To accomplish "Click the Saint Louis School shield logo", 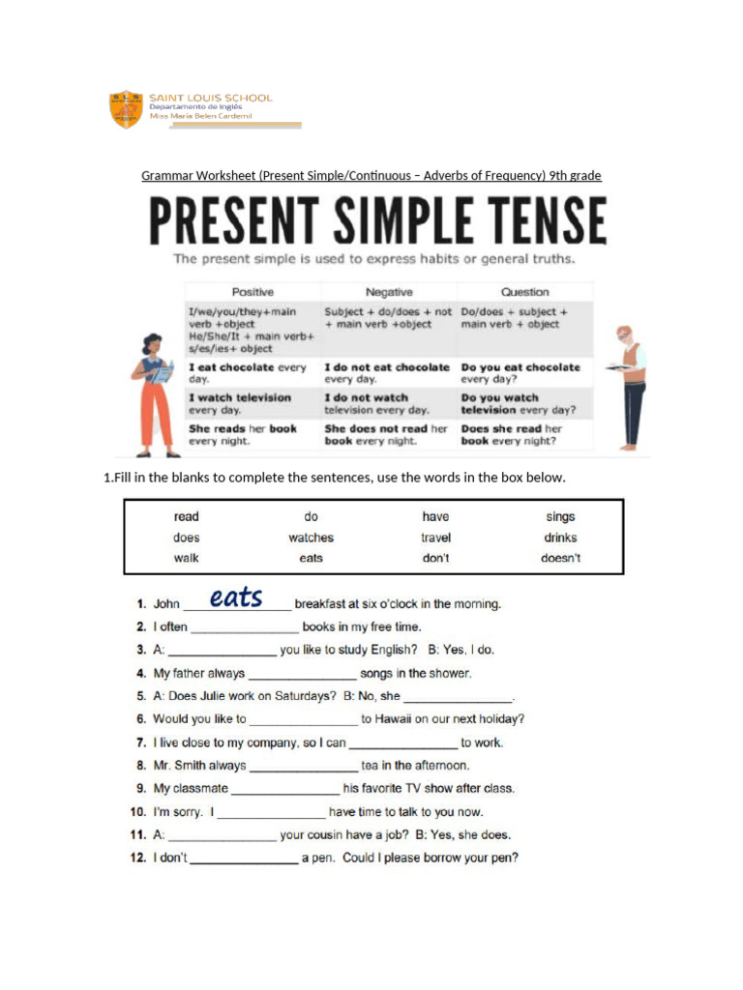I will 127,110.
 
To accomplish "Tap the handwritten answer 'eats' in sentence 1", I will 236,597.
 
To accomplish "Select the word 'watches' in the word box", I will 311,538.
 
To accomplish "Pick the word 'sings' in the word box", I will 560,517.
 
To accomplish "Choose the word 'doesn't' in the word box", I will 560,558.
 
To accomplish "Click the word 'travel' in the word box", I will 435,538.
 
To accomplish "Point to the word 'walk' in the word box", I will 187,558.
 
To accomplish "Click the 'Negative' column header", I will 389,292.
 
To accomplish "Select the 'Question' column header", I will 524,292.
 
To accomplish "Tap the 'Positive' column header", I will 253,292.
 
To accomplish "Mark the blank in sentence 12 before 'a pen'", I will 244,859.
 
